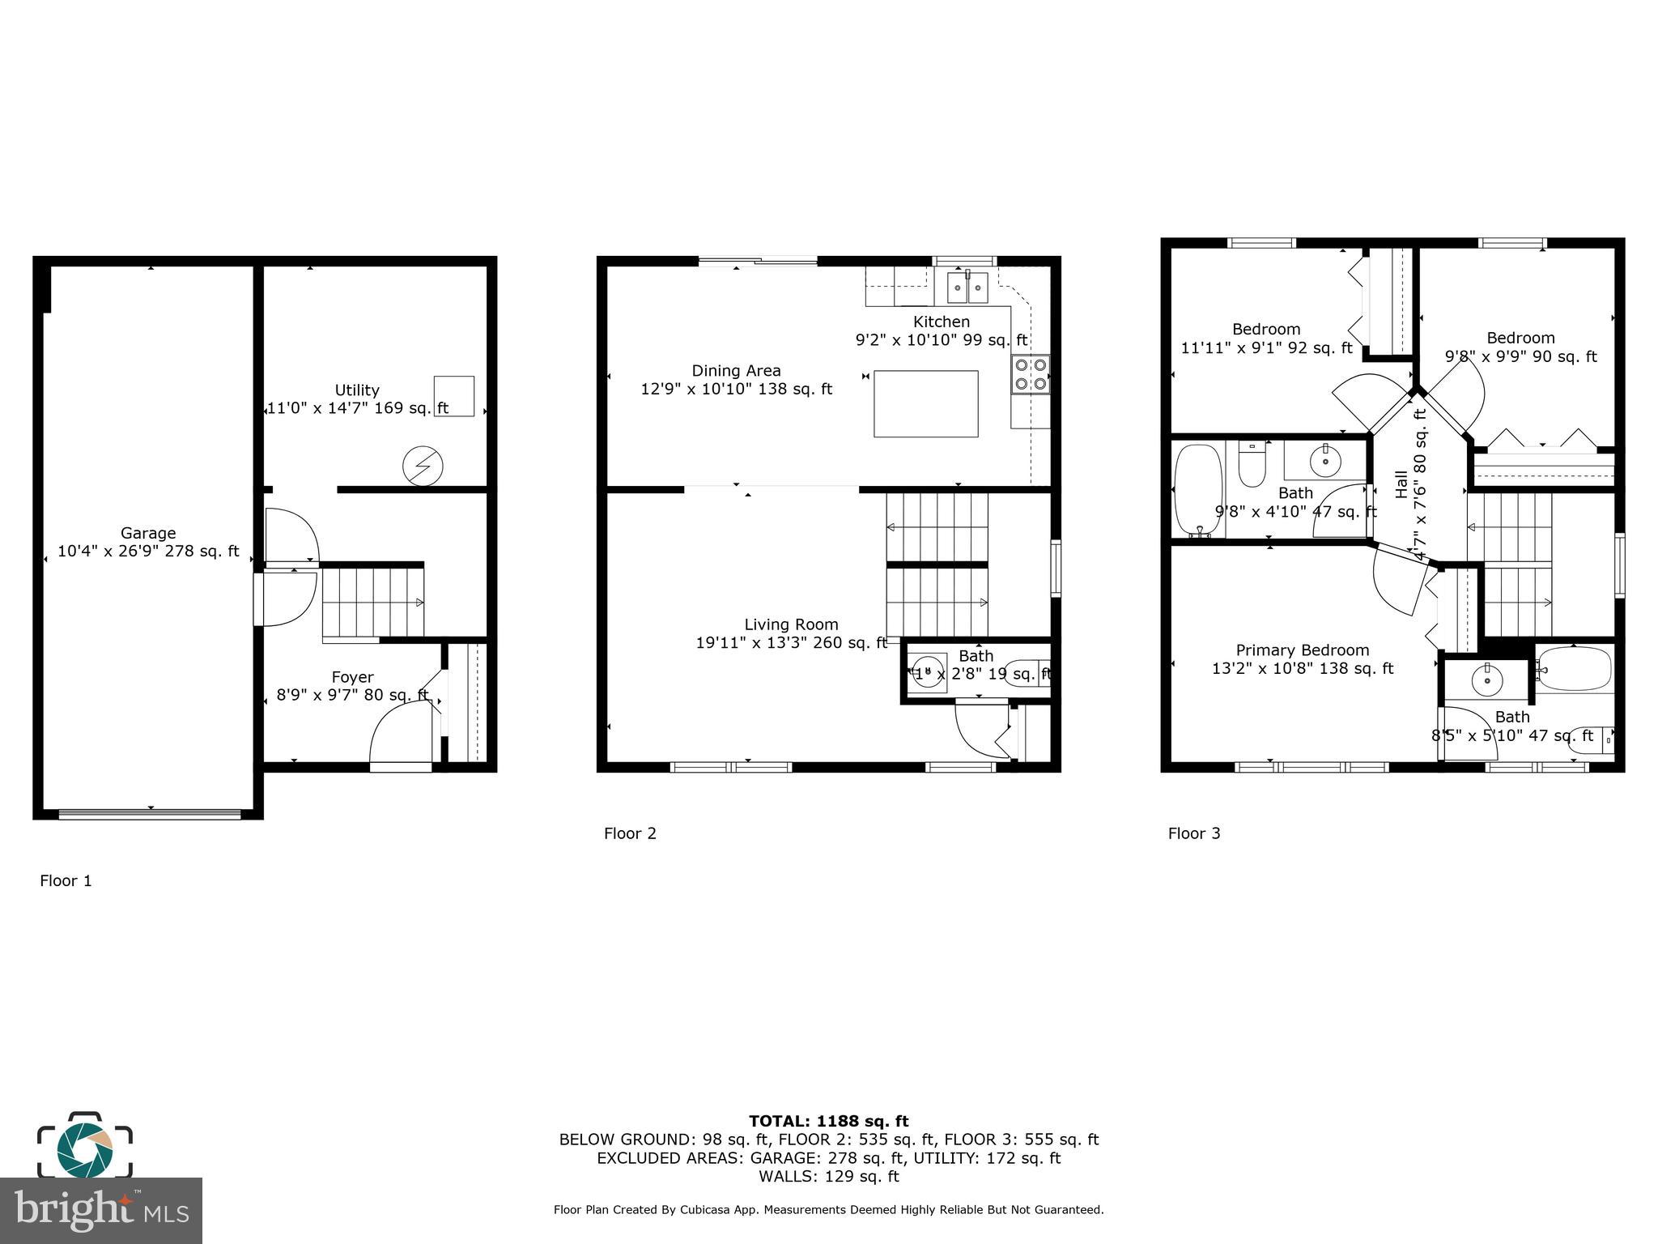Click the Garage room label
148,533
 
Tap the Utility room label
357,390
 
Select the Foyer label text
352,677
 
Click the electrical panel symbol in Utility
423,466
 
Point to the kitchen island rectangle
925,403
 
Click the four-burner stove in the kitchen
1031,374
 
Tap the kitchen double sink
967,287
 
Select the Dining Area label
736,371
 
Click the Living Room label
791,624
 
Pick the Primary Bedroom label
1302,650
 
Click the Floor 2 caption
630,833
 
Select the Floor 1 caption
66,881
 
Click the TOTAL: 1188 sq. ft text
828,1122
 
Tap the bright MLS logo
101,1210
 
